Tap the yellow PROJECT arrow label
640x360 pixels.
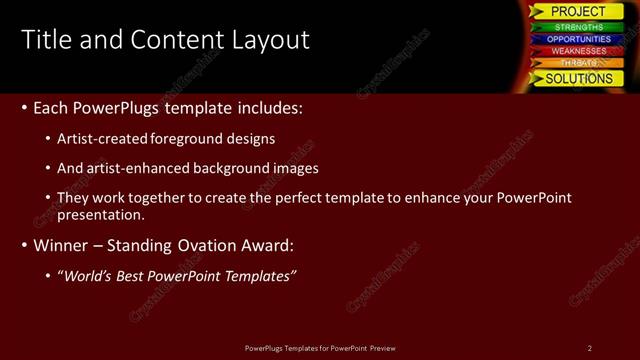pos(578,11)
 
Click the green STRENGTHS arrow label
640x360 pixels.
pos(578,27)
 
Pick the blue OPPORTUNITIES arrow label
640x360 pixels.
pos(578,39)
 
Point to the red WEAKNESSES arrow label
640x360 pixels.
pos(578,51)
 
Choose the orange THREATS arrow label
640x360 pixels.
pos(578,63)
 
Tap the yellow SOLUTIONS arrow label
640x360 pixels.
pos(578,78)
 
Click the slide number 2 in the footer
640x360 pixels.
pos(590,348)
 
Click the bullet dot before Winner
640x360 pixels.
pos(24,245)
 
